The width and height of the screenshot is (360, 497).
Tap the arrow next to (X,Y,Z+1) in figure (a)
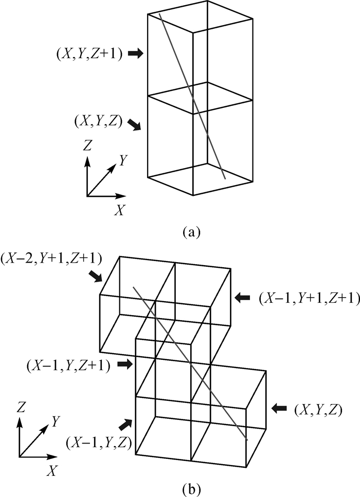135,53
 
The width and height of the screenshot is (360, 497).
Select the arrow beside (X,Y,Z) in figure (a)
133,124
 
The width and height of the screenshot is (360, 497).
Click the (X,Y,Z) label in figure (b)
317,409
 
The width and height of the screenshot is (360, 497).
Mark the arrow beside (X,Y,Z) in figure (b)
280,408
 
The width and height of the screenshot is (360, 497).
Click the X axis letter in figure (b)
51,470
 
